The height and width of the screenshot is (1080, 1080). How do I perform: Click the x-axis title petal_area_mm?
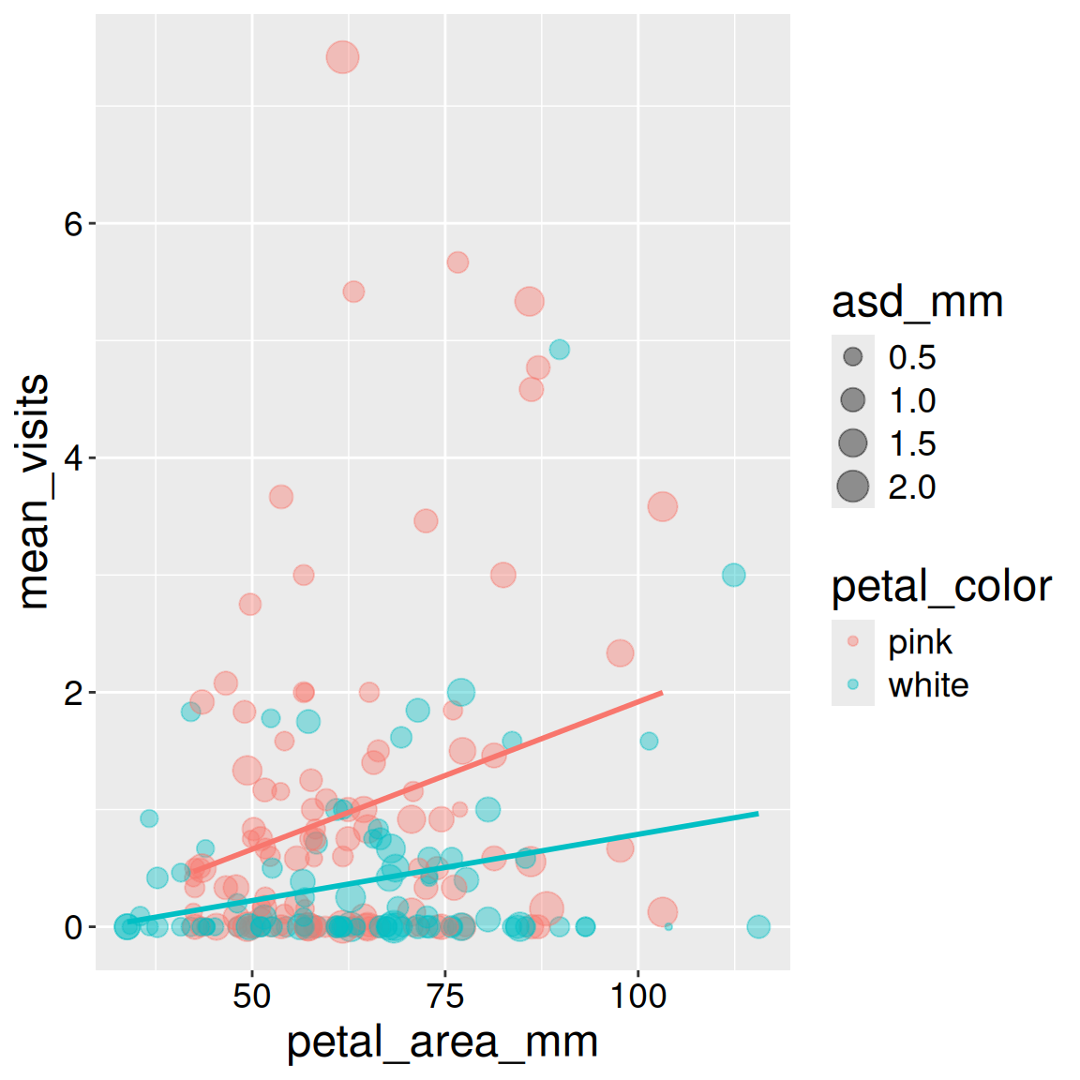(442, 1042)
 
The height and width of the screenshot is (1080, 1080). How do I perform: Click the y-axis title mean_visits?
(34, 492)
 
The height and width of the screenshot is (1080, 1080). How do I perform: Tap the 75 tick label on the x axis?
(445, 996)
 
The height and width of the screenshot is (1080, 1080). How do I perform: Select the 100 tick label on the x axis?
(638, 996)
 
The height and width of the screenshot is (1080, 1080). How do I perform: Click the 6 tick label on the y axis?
(73, 224)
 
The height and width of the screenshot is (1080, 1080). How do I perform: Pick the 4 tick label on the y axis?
(73, 458)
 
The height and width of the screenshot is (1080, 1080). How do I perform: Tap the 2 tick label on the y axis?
(73, 694)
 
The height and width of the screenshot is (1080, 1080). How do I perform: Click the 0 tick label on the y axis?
(73, 928)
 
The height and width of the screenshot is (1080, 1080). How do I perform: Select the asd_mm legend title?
(917, 302)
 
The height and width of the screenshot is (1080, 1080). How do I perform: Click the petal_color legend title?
(941, 587)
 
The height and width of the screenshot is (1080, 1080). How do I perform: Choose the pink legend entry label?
(920, 642)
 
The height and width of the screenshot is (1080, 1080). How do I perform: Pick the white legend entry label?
(928, 685)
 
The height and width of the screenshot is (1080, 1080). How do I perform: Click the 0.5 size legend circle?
(852, 357)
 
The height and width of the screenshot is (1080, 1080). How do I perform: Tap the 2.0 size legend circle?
(852, 487)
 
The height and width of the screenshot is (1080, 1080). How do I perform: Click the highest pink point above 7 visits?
(343, 57)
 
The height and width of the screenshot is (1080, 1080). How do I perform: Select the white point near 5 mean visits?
(560, 350)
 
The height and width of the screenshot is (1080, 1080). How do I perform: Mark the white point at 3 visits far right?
(733, 575)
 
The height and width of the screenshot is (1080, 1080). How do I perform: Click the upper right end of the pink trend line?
(662, 693)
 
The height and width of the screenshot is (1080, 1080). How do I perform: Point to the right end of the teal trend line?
(757, 814)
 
